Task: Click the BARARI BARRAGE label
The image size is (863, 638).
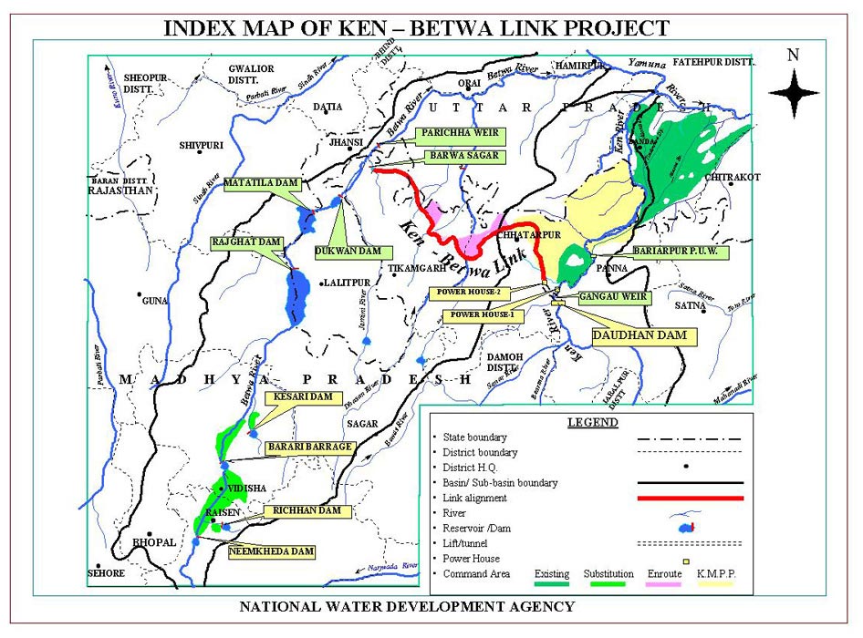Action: click(309, 448)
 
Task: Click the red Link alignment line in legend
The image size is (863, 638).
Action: click(691, 498)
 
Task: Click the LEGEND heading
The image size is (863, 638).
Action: click(592, 422)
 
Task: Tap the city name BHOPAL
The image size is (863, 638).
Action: click(154, 542)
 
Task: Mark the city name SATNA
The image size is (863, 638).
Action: click(691, 305)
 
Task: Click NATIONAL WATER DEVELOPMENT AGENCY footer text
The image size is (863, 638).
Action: click(407, 606)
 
